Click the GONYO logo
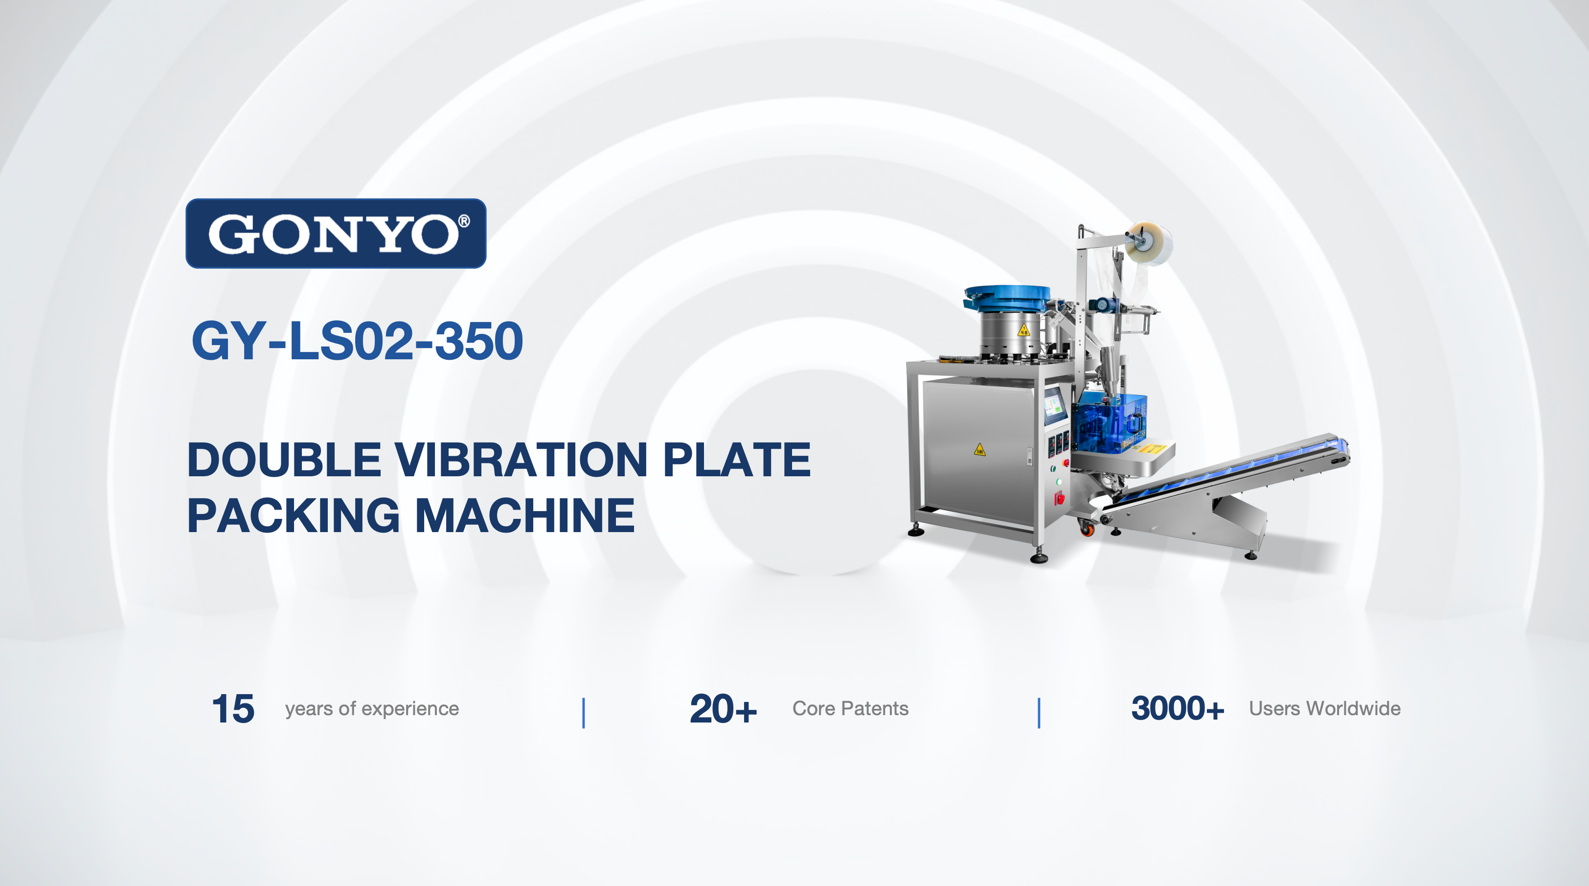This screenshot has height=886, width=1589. point(336,233)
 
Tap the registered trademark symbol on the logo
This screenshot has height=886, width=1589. point(464,221)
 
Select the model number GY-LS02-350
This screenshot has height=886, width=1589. point(357,341)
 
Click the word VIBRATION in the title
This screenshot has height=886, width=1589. point(521,460)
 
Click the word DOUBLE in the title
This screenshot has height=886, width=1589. point(284,460)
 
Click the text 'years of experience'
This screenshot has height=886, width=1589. point(372,709)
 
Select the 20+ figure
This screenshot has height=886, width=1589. point(723,708)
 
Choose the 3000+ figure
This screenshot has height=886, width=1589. point(1178,708)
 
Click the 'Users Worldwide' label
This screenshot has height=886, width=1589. point(1325,708)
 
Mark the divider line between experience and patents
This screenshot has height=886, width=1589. point(584,713)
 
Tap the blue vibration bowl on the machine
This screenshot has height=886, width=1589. point(1007,299)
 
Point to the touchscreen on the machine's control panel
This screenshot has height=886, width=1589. point(1055,405)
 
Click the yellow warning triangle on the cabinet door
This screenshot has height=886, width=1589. point(979,449)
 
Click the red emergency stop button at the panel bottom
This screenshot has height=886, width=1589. point(1059,497)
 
